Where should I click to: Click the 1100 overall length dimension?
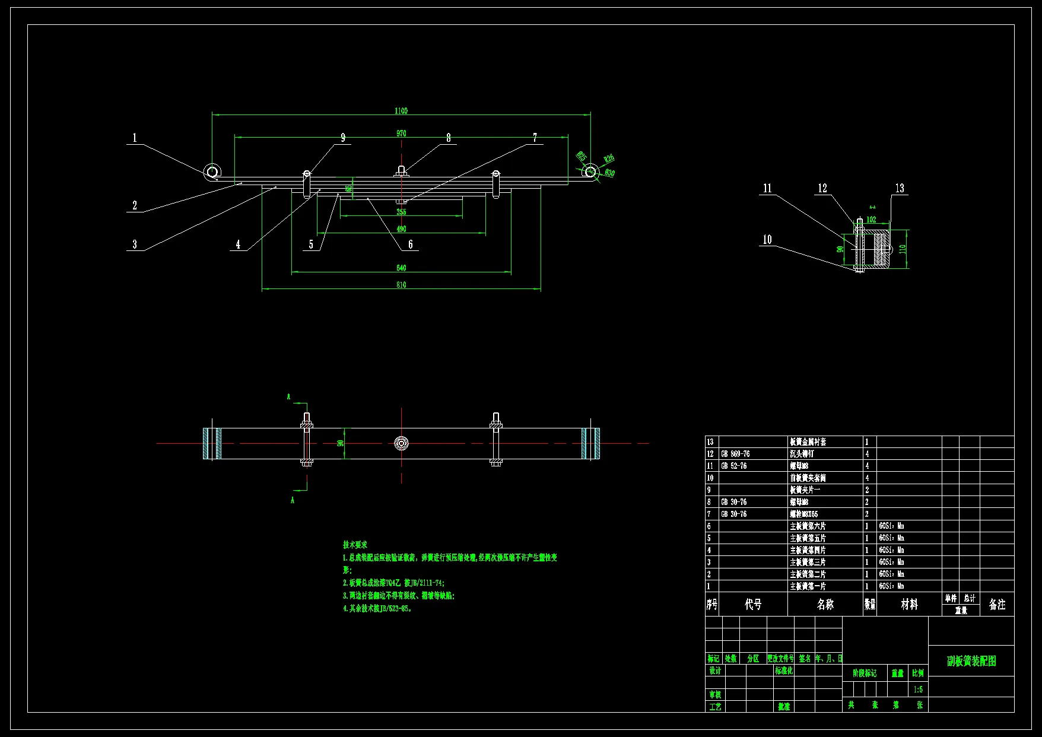coord(401,110)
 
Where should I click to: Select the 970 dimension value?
coord(401,134)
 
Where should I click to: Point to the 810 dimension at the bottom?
coord(401,285)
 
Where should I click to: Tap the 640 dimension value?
coord(401,268)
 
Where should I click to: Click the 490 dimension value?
coord(401,228)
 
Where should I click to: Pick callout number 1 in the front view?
coord(135,138)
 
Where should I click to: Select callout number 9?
coord(343,138)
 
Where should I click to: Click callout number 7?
coord(535,138)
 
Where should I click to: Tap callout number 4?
coord(238,244)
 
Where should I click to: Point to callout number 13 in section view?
coord(900,188)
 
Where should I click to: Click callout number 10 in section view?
coord(767,240)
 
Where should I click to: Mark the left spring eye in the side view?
coord(212,172)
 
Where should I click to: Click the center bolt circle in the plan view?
coord(402,443)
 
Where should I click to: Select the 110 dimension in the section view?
coord(903,249)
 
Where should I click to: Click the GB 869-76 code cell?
coord(735,454)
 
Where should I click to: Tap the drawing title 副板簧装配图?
coord(971,661)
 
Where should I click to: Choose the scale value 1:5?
coord(918,690)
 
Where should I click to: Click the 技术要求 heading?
coord(355,544)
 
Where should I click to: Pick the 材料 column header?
coord(909,604)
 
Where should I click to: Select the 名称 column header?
coord(825,604)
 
